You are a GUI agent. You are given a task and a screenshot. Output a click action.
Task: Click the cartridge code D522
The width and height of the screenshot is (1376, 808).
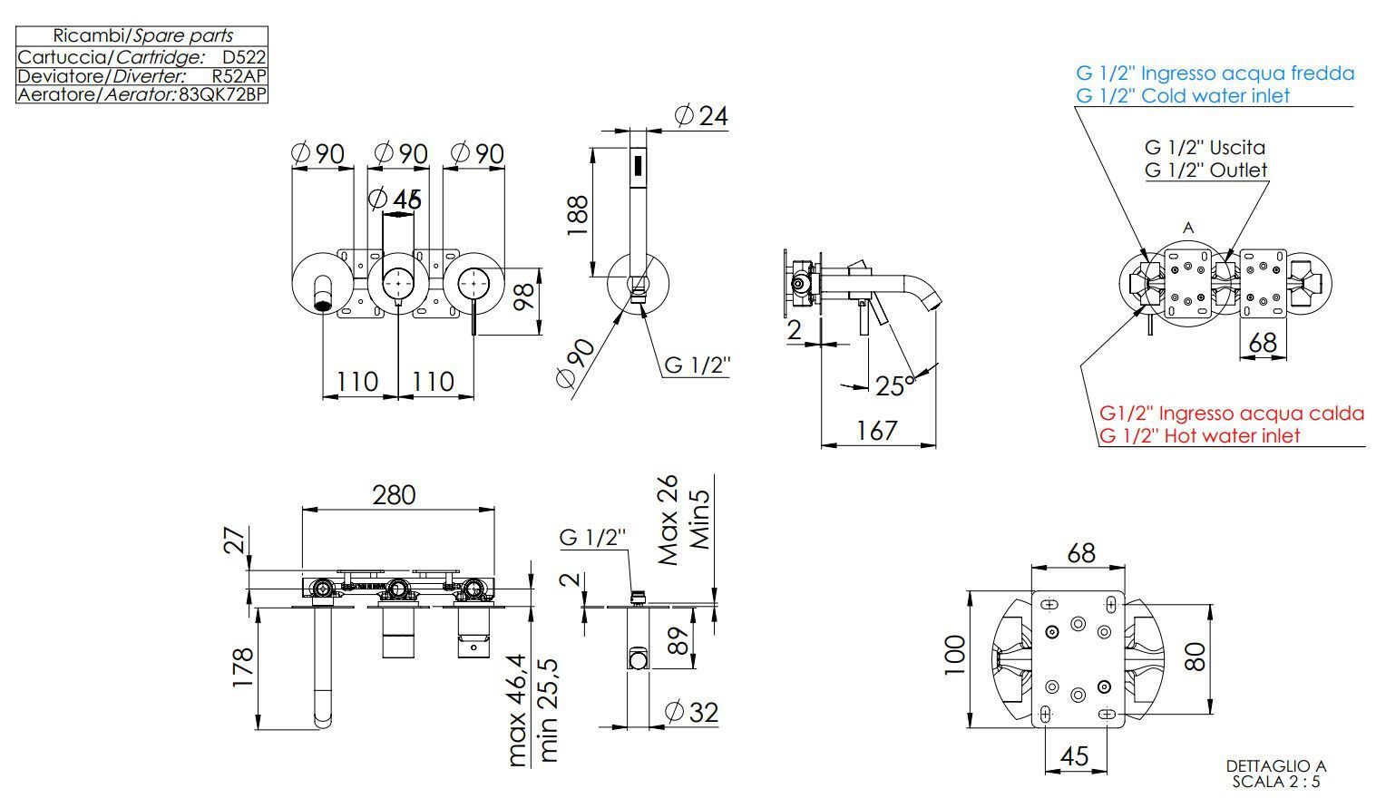click(244, 56)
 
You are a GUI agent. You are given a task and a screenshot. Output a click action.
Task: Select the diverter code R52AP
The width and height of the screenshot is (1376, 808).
click(239, 75)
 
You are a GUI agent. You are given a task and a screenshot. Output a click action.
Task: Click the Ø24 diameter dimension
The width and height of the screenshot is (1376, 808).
click(701, 116)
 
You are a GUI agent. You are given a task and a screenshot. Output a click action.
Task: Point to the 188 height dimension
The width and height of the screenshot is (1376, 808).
click(578, 216)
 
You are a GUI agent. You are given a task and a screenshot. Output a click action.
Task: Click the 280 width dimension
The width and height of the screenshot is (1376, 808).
click(394, 494)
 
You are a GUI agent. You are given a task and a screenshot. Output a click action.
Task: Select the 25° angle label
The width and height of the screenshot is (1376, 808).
click(895, 386)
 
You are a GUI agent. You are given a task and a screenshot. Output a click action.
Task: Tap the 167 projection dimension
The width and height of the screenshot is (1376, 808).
click(877, 430)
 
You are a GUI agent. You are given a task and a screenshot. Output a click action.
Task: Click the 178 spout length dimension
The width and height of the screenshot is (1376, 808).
click(242, 667)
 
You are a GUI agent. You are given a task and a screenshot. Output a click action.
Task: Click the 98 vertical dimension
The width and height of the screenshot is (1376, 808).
click(524, 297)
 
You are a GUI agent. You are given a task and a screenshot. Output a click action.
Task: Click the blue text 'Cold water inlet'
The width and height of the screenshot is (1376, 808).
click(1183, 95)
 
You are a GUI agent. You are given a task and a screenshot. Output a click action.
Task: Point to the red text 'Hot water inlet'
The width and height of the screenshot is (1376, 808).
click(1199, 435)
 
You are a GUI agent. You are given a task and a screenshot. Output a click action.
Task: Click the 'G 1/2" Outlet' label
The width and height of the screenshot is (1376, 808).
click(1205, 170)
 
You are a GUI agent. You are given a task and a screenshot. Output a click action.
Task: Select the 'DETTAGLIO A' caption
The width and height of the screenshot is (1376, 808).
click(1275, 766)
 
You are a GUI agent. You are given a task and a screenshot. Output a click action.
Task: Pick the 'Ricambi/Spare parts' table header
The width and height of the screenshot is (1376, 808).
click(142, 36)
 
